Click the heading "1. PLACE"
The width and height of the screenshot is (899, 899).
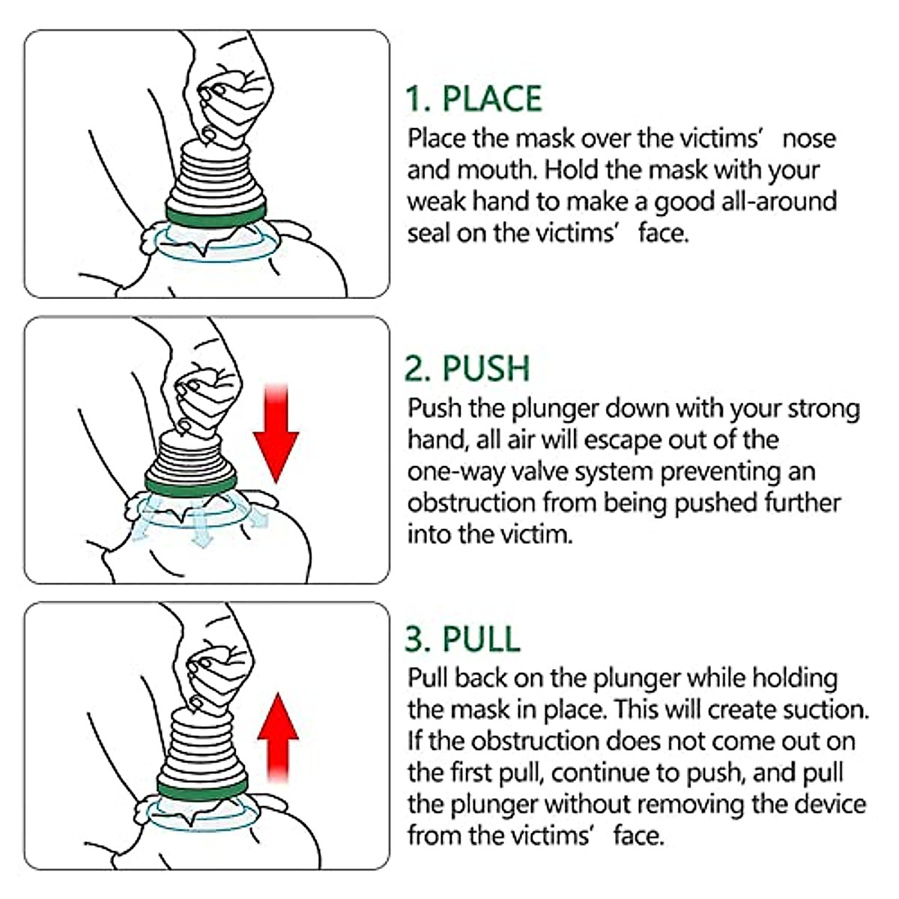473,99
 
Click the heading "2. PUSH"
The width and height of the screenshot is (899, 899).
467,369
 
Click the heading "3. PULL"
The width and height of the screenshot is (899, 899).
461,638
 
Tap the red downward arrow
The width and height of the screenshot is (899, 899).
276,435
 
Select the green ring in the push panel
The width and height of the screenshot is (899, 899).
191,485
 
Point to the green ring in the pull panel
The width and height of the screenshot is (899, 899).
202,787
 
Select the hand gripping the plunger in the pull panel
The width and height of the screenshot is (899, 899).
217,674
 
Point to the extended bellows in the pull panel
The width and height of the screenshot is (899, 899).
202,742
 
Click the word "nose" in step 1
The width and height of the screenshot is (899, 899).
808,139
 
